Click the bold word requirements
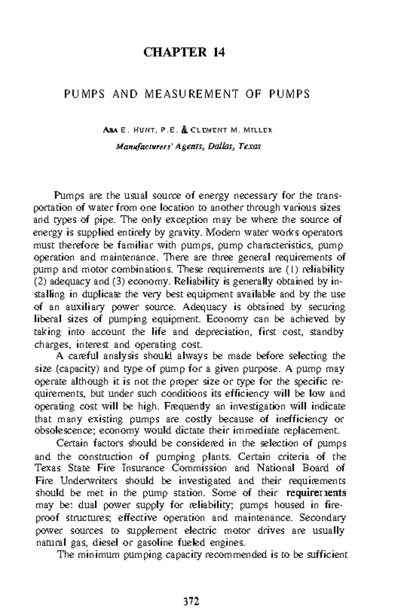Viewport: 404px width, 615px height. [x=316, y=493]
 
